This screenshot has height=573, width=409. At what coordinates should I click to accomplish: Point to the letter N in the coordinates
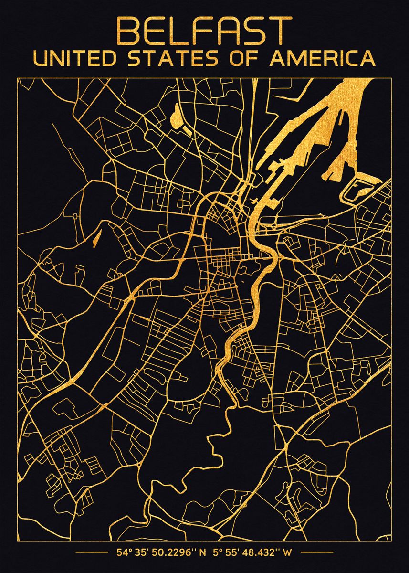tap(202, 553)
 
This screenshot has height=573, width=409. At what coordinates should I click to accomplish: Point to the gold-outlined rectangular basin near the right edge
tap(358, 190)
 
